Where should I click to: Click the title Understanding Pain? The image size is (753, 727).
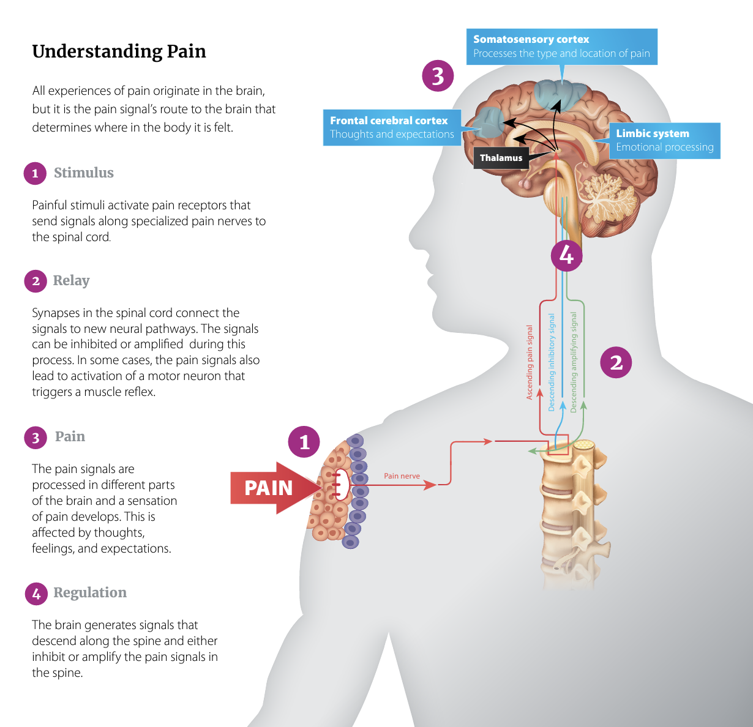tap(119, 51)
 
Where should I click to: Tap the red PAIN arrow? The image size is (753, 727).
tap(269, 488)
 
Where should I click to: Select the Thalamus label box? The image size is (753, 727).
tap(501, 158)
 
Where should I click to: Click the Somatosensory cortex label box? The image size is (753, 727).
tap(561, 47)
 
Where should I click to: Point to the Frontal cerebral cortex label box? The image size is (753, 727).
tap(392, 127)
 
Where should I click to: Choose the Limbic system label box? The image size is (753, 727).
tap(664, 140)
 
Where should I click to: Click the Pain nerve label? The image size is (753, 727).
tap(402, 475)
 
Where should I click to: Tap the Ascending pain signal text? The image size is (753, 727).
tap(530, 362)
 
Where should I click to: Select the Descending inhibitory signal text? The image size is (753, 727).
tap(552, 362)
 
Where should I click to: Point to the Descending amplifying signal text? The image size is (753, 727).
tap(574, 362)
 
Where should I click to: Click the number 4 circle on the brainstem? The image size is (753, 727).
tap(566, 255)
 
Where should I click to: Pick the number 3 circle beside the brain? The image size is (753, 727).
tap(438, 76)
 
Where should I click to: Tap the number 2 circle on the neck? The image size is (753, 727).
tap(616, 362)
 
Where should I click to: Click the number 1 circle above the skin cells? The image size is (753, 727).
tap(304, 442)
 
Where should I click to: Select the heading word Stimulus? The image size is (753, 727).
tap(84, 173)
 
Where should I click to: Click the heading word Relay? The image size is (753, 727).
tap(71, 280)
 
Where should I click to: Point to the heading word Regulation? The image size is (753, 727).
tap(90, 592)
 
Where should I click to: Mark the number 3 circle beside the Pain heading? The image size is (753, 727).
tap(36, 438)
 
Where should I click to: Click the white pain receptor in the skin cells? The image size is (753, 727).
tap(341, 485)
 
